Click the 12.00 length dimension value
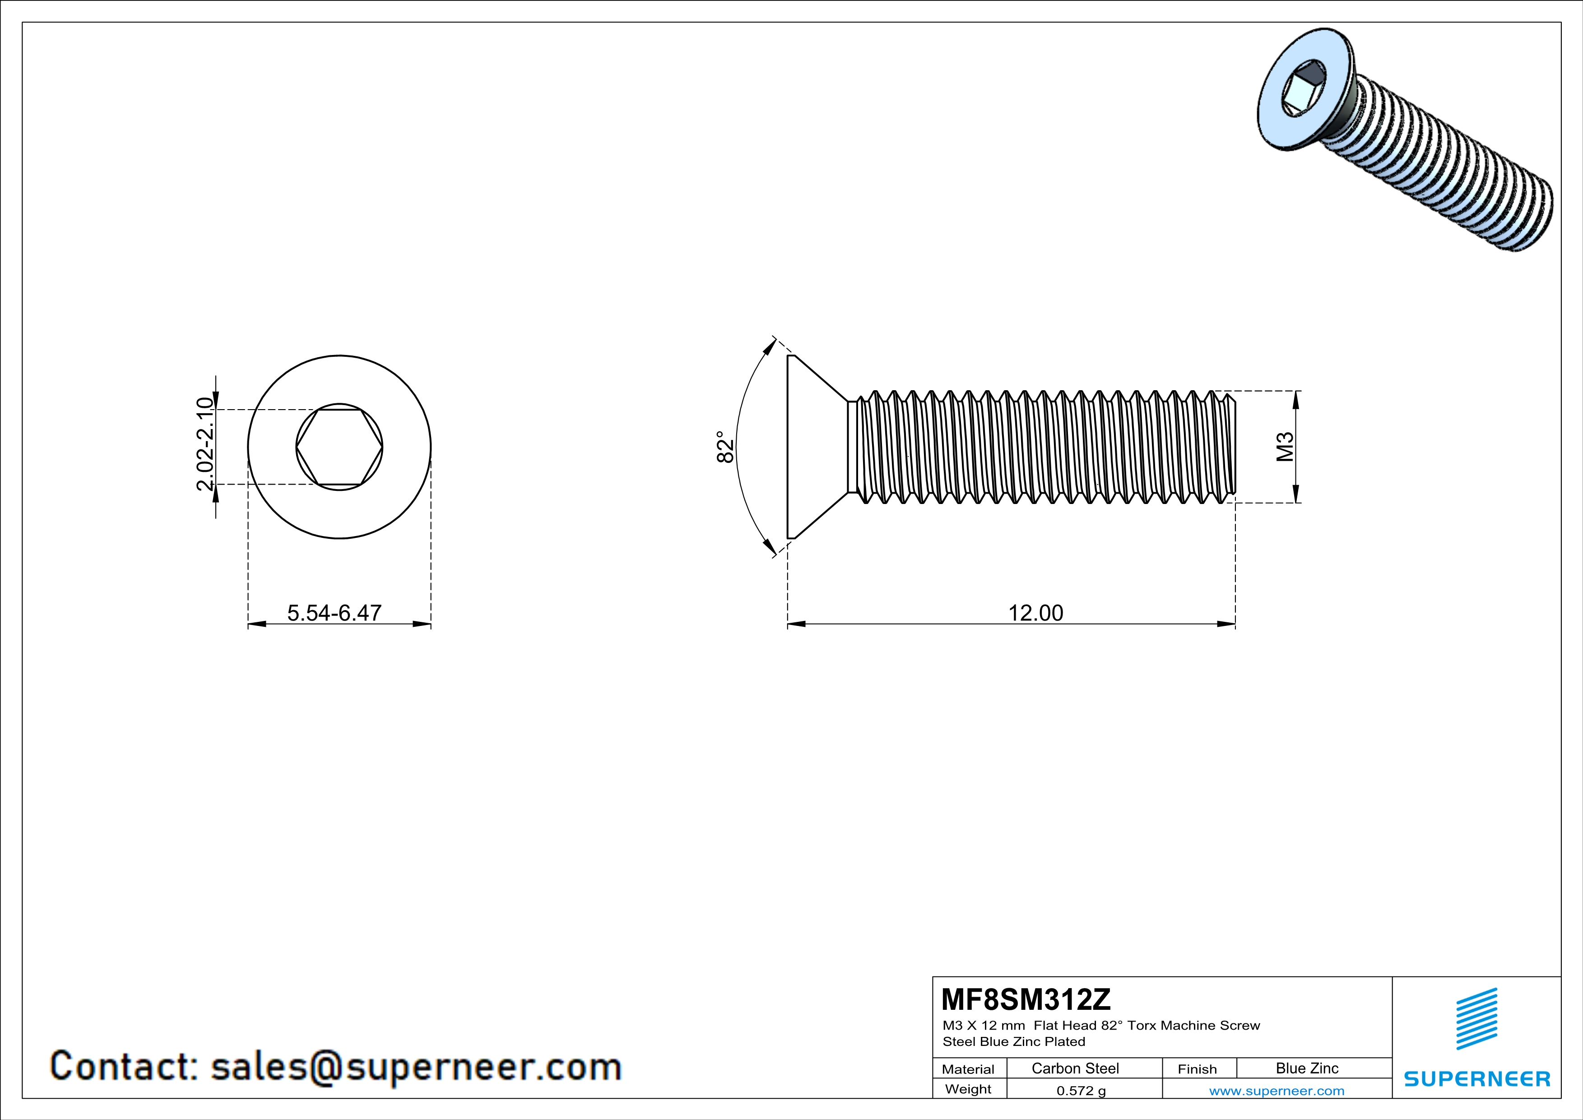(1035, 612)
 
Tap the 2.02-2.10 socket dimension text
(205, 444)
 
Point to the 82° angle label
(724, 447)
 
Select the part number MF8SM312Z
(1026, 999)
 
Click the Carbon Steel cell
(1075, 1068)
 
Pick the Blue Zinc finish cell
(1306, 1068)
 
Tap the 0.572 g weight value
(1080, 1090)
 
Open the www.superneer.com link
(1276, 1090)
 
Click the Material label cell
(968, 1069)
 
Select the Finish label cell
(1197, 1069)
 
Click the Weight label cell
(968, 1089)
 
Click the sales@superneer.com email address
(416, 1066)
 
